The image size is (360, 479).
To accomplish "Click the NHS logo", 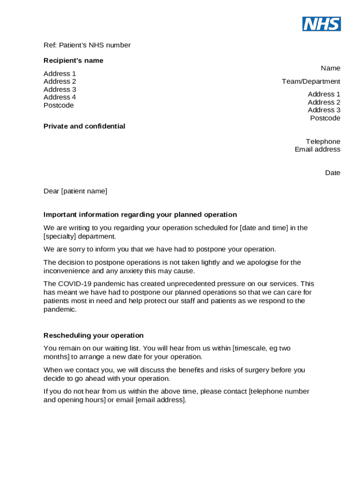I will tap(321, 24).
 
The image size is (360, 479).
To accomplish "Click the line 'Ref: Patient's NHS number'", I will tap(87, 45).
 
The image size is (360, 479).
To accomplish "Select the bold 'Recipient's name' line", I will tap(73, 61).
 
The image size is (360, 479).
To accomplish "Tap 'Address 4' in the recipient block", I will tap(60, 97).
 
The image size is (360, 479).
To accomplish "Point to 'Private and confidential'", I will tap(84, 126).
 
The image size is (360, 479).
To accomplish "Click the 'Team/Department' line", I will tap(311, 81).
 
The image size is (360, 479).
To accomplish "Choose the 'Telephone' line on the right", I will tap(323, 142).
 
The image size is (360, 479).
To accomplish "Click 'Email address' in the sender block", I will tap(317, 150).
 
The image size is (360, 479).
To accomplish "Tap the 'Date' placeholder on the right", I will tap(333, 173).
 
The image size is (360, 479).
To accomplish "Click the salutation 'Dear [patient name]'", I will tap(75, 191).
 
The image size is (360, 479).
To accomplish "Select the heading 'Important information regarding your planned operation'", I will tap(140, 215).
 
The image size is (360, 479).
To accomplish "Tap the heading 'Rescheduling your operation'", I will tap(94, 335).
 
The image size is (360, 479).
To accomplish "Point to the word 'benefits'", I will tap(193, 370).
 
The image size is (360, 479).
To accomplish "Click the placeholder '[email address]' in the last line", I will tap(161, 400).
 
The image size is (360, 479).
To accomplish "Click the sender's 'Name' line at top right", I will tap(331, 68).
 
